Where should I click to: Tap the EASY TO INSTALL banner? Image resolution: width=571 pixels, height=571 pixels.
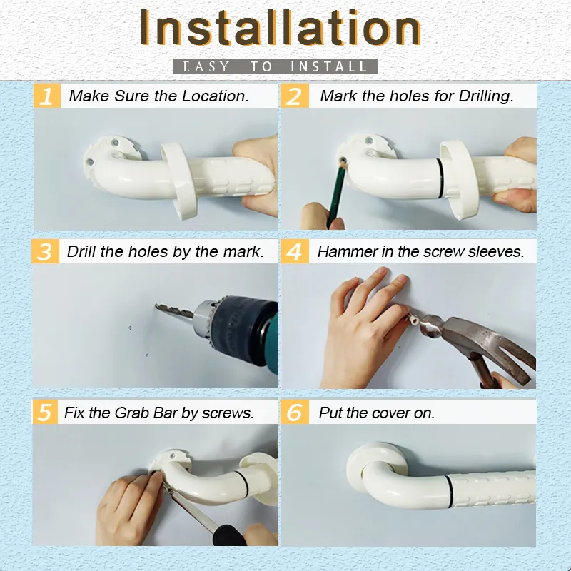[275, 67]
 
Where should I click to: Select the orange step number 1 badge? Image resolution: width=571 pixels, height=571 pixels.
[46, 96]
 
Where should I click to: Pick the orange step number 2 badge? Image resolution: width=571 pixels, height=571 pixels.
[294, 96]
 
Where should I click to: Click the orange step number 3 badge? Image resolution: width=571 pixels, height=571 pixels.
[46, 252]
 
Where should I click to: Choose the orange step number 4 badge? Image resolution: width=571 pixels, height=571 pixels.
[294, 252]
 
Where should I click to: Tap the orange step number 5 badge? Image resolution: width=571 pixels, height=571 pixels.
[46, 413]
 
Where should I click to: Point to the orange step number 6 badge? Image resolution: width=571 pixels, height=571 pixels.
[294, 413]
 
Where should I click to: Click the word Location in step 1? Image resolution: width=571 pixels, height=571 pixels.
[214, 96]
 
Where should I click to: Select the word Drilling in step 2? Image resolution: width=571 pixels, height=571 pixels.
[484, 96]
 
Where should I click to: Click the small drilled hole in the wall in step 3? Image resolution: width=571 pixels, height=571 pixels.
[130, 328]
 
